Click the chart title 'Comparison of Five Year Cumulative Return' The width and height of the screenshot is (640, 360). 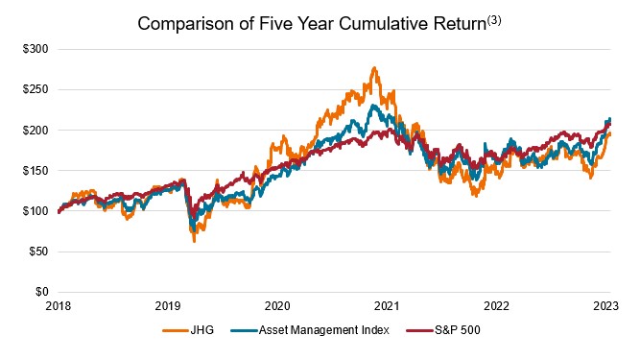tap(309, 24)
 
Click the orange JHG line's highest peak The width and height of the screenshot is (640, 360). tap(373, 68)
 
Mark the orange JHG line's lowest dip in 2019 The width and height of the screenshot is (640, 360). tap(195, 241)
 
